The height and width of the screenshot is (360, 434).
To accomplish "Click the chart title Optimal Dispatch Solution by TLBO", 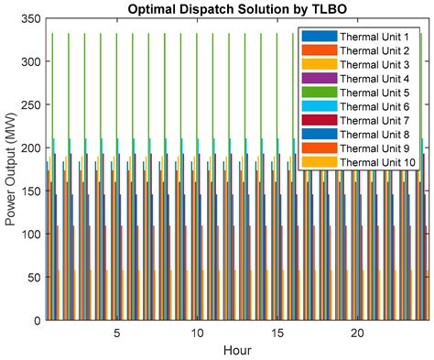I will [x=235, y=9].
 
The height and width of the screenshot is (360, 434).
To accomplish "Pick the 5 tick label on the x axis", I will [x=116, y=333].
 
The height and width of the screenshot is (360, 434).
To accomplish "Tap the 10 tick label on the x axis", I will [x=197, y=333].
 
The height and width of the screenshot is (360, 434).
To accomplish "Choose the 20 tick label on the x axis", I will [x=358, y=333].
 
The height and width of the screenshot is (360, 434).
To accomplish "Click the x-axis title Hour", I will [x=235, y=350].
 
